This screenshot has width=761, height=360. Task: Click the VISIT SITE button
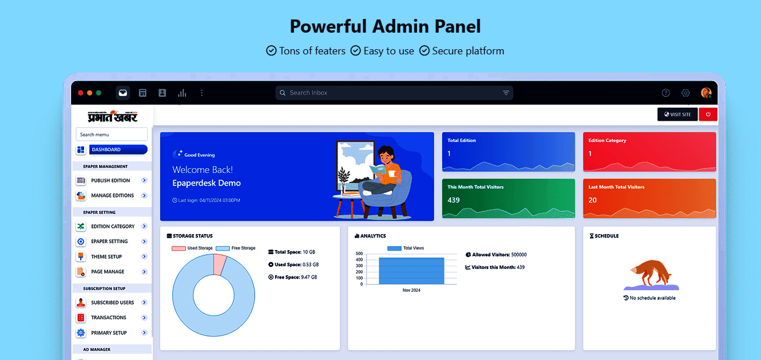677,114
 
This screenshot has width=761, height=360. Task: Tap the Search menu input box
112,134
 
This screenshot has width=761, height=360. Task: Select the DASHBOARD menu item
118,149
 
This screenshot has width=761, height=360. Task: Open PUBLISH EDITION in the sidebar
111,180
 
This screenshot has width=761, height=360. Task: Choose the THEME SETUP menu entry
106,256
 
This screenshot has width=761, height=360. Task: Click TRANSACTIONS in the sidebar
109,318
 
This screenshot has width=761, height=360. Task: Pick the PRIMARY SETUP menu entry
109,333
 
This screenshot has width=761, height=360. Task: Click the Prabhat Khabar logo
112,116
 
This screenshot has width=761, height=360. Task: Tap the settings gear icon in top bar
685,93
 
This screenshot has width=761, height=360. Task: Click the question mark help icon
665,93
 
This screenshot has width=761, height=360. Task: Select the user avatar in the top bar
706,93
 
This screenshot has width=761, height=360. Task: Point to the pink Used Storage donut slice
220,264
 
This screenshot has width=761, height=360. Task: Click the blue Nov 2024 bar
411,271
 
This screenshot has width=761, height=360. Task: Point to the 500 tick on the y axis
359,254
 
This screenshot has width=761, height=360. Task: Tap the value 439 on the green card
454,200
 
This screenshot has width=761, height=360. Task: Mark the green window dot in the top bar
99,93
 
